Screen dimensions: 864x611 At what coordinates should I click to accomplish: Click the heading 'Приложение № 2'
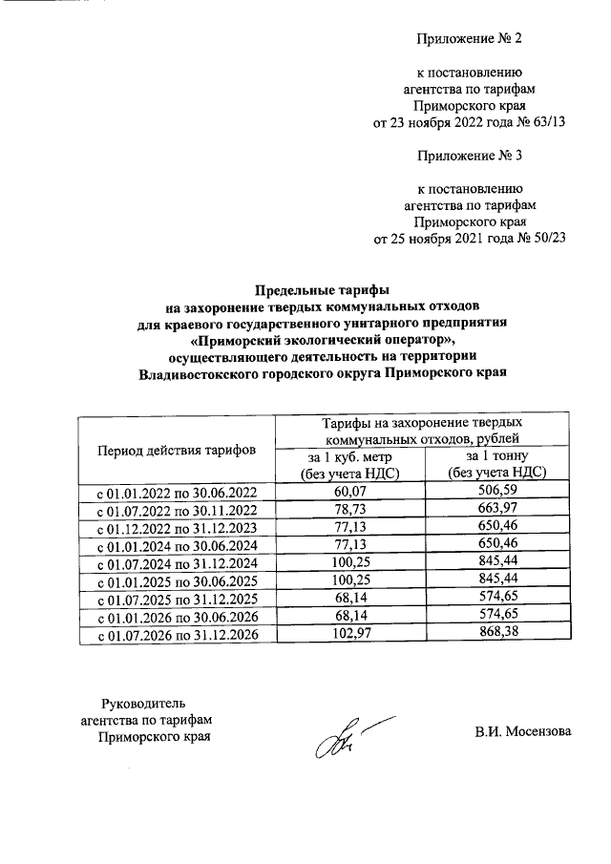(x=471, y=39)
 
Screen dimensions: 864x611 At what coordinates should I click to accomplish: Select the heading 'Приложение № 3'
(x=471, y=154)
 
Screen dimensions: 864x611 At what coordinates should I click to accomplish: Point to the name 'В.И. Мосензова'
(x=523, y=732)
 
